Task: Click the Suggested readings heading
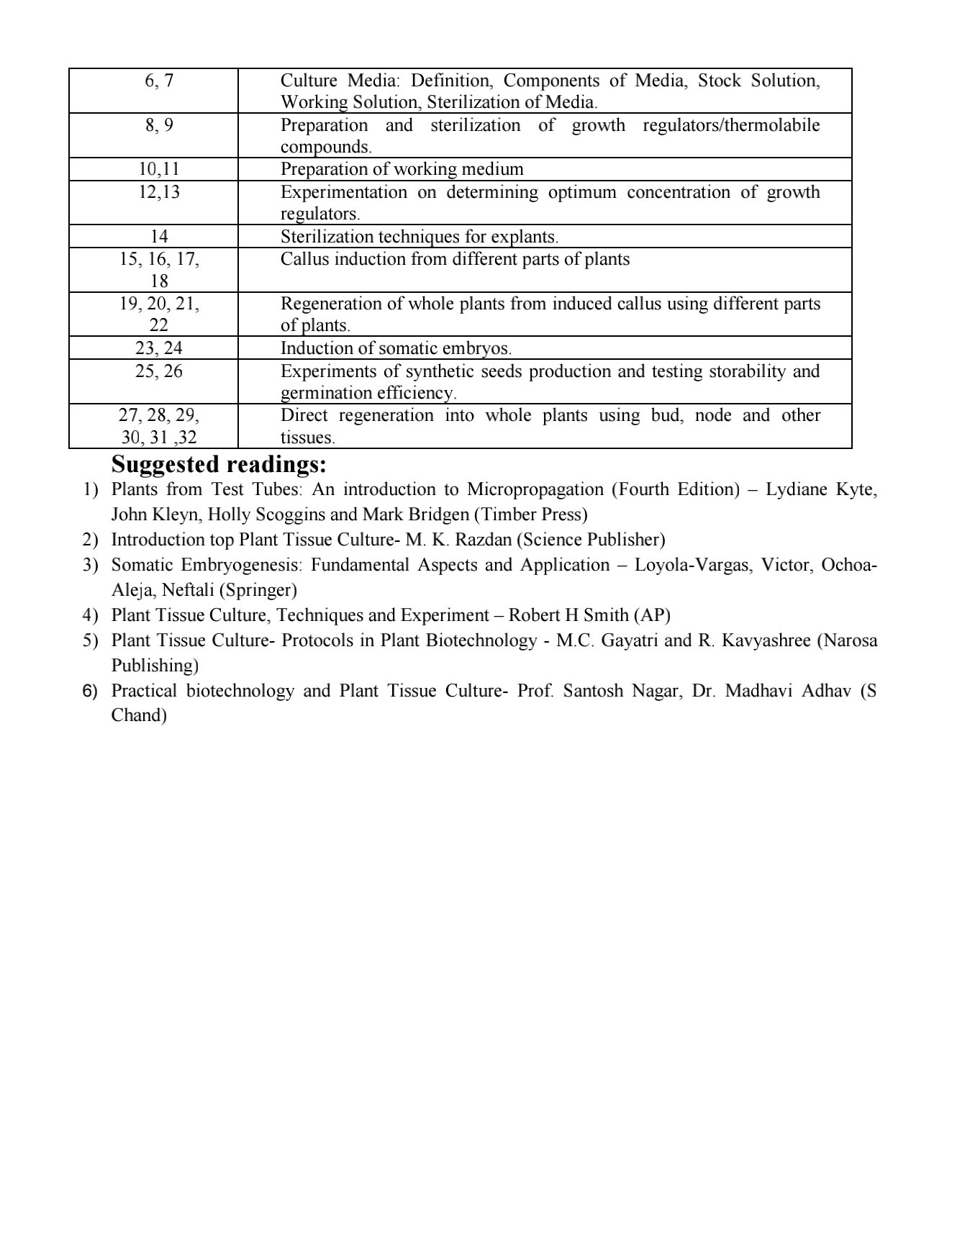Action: (219, 464)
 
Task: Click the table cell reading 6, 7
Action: (159, 81)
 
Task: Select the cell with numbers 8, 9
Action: (159, 125)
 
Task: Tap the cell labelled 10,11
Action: (159, 169)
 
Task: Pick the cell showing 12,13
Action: (159, 192)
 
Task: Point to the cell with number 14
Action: (159, 237)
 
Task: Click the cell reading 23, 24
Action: (159, 348)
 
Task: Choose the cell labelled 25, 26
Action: (159, 371)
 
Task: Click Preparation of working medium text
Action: (402, 170)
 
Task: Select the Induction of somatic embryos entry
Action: (396, 348)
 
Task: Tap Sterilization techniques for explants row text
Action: (419, 237)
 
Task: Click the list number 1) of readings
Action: (90, 490)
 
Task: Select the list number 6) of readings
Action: (90, 692)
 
